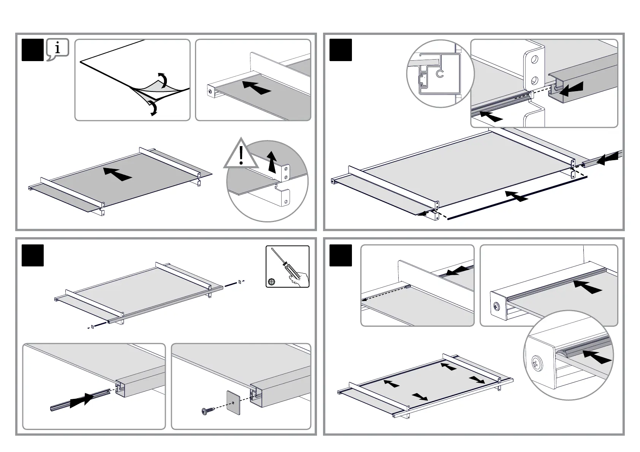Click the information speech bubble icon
point(57,49)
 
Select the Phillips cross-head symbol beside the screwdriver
point(271,282)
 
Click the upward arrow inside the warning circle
point(271,161)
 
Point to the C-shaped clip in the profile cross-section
point(440,73)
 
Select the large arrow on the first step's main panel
point(117,174)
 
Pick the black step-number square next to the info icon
point(33,50)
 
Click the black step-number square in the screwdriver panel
point(33,255)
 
